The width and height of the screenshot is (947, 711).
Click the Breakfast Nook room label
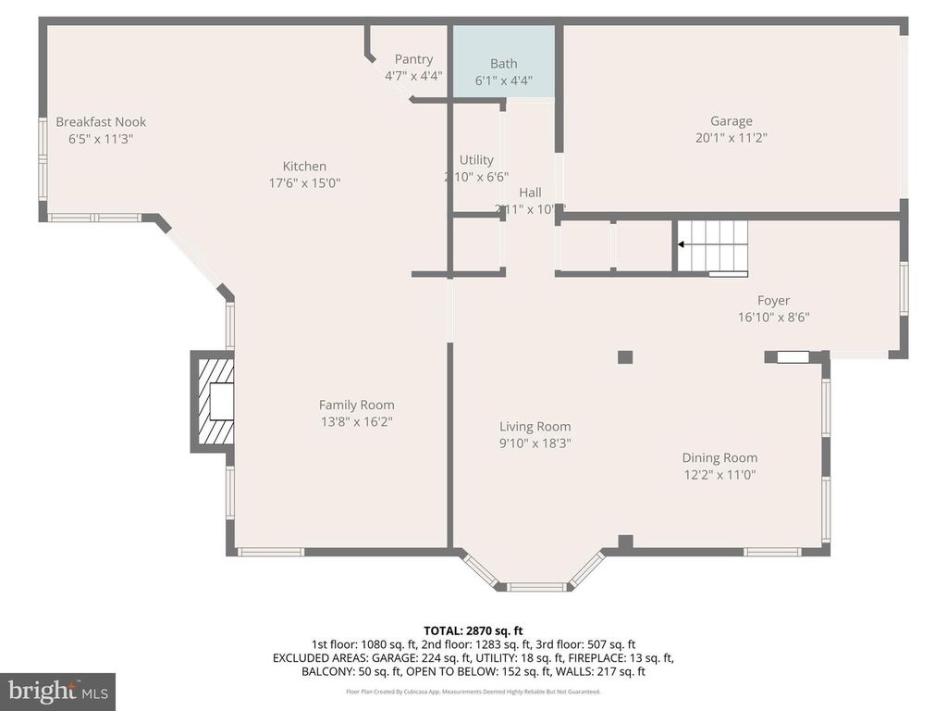(x=101, y=122)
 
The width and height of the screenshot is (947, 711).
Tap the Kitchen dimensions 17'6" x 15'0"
(x=304, y=183)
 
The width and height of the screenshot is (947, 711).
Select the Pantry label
(x=413, y=59)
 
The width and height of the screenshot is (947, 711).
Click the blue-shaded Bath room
(x=503, y=61)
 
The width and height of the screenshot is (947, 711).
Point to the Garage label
(x=731, y=120)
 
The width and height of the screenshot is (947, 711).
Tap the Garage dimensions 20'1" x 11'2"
(x=731, y=138)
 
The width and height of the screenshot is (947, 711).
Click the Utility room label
(x=476, y=160)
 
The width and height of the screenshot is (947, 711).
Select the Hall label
(x=530, y=193)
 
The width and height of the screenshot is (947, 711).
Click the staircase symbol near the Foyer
(x=712, y=246)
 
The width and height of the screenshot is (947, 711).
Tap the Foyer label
(x=773, y=300)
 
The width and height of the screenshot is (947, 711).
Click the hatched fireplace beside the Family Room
(x=213, y=402)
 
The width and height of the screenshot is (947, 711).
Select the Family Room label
(x=356, y=405)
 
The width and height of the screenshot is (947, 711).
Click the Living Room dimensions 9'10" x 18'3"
(x=535, y=443)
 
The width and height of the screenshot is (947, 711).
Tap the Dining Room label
(x=719, y=457)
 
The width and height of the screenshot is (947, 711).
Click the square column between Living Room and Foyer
(x=625, y=356)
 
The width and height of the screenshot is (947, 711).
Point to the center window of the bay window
(x=536, y=586)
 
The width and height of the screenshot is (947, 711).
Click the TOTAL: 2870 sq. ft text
(x=473, y=630)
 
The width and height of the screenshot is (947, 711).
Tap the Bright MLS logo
(x=57, y=692)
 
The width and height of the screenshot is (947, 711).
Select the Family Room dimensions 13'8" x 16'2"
(x=356, y=422)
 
